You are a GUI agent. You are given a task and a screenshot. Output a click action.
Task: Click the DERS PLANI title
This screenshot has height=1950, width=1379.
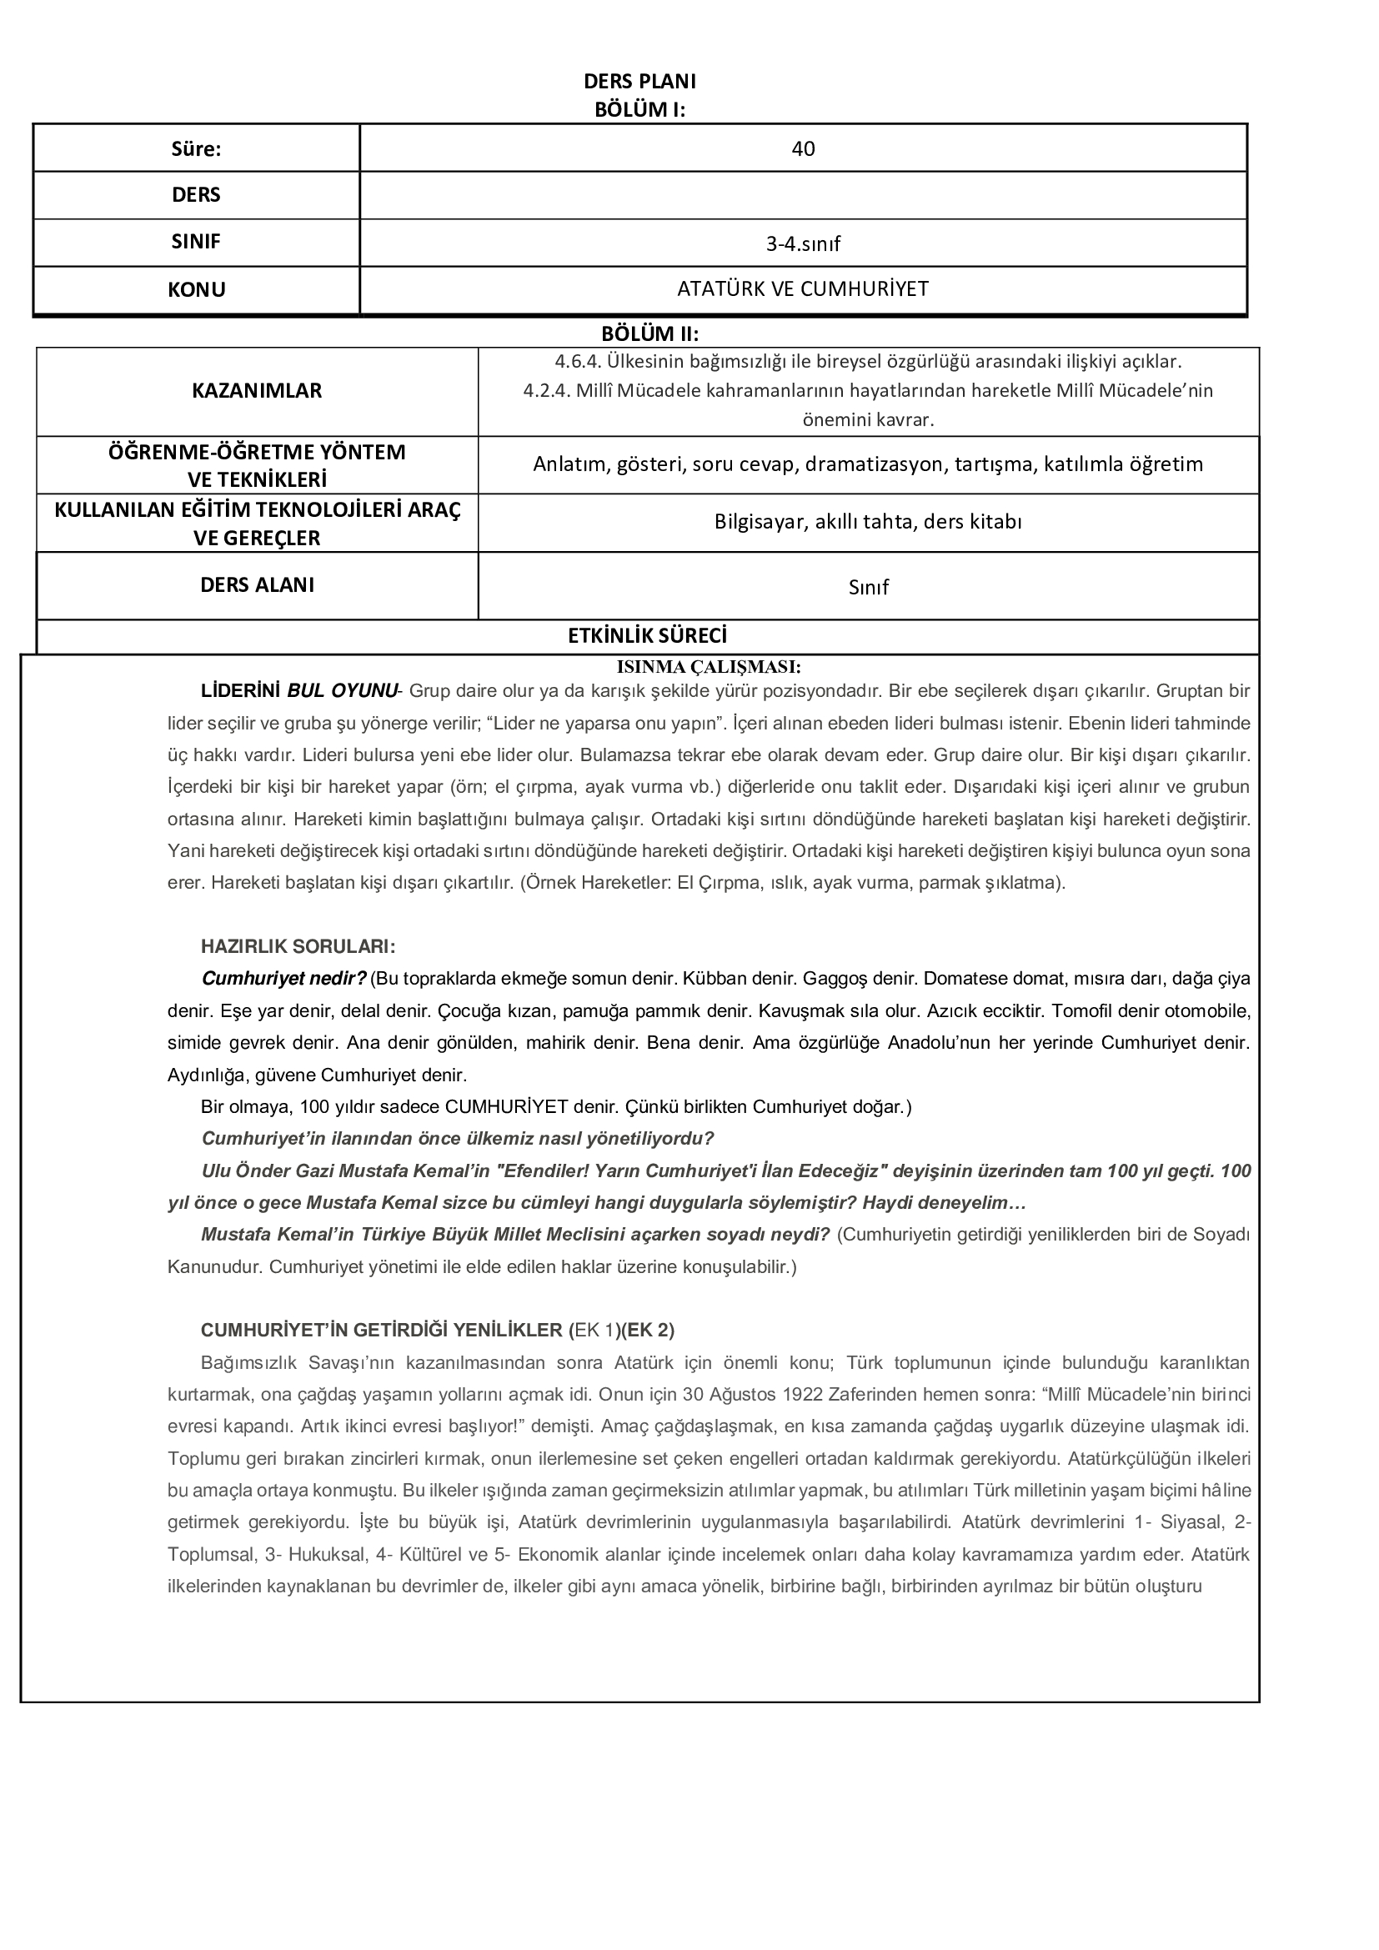(639, 82)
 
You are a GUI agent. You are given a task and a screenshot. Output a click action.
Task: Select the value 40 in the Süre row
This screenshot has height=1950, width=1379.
(802, 149)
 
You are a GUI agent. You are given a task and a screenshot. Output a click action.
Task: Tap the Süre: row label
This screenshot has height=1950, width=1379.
(196, 149)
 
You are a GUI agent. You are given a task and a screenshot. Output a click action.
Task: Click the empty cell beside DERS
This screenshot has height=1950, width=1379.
(802, 195)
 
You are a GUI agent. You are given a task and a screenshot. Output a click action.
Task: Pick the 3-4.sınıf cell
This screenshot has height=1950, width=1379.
(802, 244)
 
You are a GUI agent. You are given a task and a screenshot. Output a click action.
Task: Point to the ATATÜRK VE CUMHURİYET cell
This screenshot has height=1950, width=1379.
(802, 289)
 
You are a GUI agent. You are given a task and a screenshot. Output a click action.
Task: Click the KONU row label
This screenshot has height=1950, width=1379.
(196, 289)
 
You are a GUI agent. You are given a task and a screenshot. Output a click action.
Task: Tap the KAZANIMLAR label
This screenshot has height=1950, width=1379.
(257, 391)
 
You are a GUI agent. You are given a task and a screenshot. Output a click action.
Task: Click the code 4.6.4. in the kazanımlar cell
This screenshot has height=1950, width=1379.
(579, 362)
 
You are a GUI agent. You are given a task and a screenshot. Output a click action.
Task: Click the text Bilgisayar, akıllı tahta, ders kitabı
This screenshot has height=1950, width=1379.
(868, 521)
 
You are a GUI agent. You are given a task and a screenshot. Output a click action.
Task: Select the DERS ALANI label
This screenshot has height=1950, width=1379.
(257, 585)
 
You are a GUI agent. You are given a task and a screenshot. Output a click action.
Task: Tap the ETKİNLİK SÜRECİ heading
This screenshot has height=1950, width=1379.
(647, 636)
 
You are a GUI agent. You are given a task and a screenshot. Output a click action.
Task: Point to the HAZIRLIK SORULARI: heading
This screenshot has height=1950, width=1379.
(297, 946)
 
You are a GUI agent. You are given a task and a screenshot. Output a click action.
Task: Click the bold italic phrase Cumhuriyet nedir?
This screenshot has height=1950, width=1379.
(283, 979)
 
